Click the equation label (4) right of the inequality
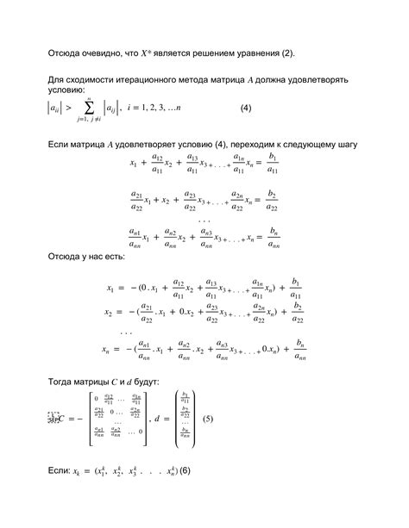(x=245, y=109)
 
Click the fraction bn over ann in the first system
(x=273, y=238)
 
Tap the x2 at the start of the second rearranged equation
(x=110, y=312)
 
